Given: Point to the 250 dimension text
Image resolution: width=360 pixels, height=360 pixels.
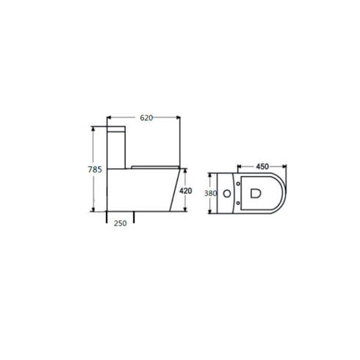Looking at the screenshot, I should pos(121,224).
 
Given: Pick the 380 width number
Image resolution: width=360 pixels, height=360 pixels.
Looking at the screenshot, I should pos(210,193).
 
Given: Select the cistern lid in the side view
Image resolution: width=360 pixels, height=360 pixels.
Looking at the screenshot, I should pos(118,128).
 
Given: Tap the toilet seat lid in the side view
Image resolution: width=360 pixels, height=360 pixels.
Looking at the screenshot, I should pos(150,166).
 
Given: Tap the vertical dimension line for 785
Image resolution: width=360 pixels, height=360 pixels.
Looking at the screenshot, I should pos(93,147).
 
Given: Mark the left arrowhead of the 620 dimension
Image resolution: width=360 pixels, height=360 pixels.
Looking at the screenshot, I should pos(110,118).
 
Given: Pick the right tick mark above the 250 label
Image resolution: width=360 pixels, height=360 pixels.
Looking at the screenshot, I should pos(134,217).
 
